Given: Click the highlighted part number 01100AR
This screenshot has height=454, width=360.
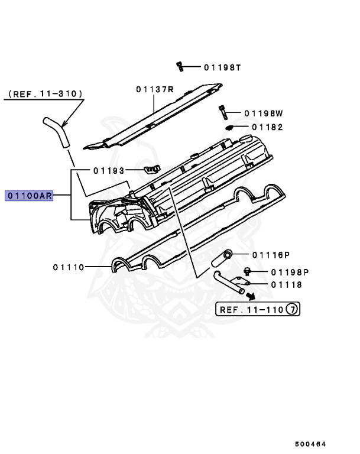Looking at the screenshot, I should (29, 196).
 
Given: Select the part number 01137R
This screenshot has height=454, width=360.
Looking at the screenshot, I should (154, 89).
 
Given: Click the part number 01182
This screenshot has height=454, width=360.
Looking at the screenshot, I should (267, 127).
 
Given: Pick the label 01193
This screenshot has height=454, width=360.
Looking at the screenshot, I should (109, 171).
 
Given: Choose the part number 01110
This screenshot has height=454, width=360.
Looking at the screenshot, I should (70, 267).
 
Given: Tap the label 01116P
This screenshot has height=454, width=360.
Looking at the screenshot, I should (271, 255).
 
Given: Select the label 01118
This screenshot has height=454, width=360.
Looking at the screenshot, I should (286, 285).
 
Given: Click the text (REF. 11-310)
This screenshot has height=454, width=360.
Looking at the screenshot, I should (45, 94).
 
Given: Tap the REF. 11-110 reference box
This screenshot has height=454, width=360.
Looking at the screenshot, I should (258, 309).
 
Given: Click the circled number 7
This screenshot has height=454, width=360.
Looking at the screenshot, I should (292, 309).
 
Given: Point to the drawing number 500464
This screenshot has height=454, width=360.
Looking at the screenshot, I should (311, 444).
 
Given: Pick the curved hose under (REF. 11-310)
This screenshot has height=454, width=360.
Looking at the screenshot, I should (56, 131).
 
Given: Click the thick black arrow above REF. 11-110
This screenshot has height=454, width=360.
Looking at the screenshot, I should (251, 296).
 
